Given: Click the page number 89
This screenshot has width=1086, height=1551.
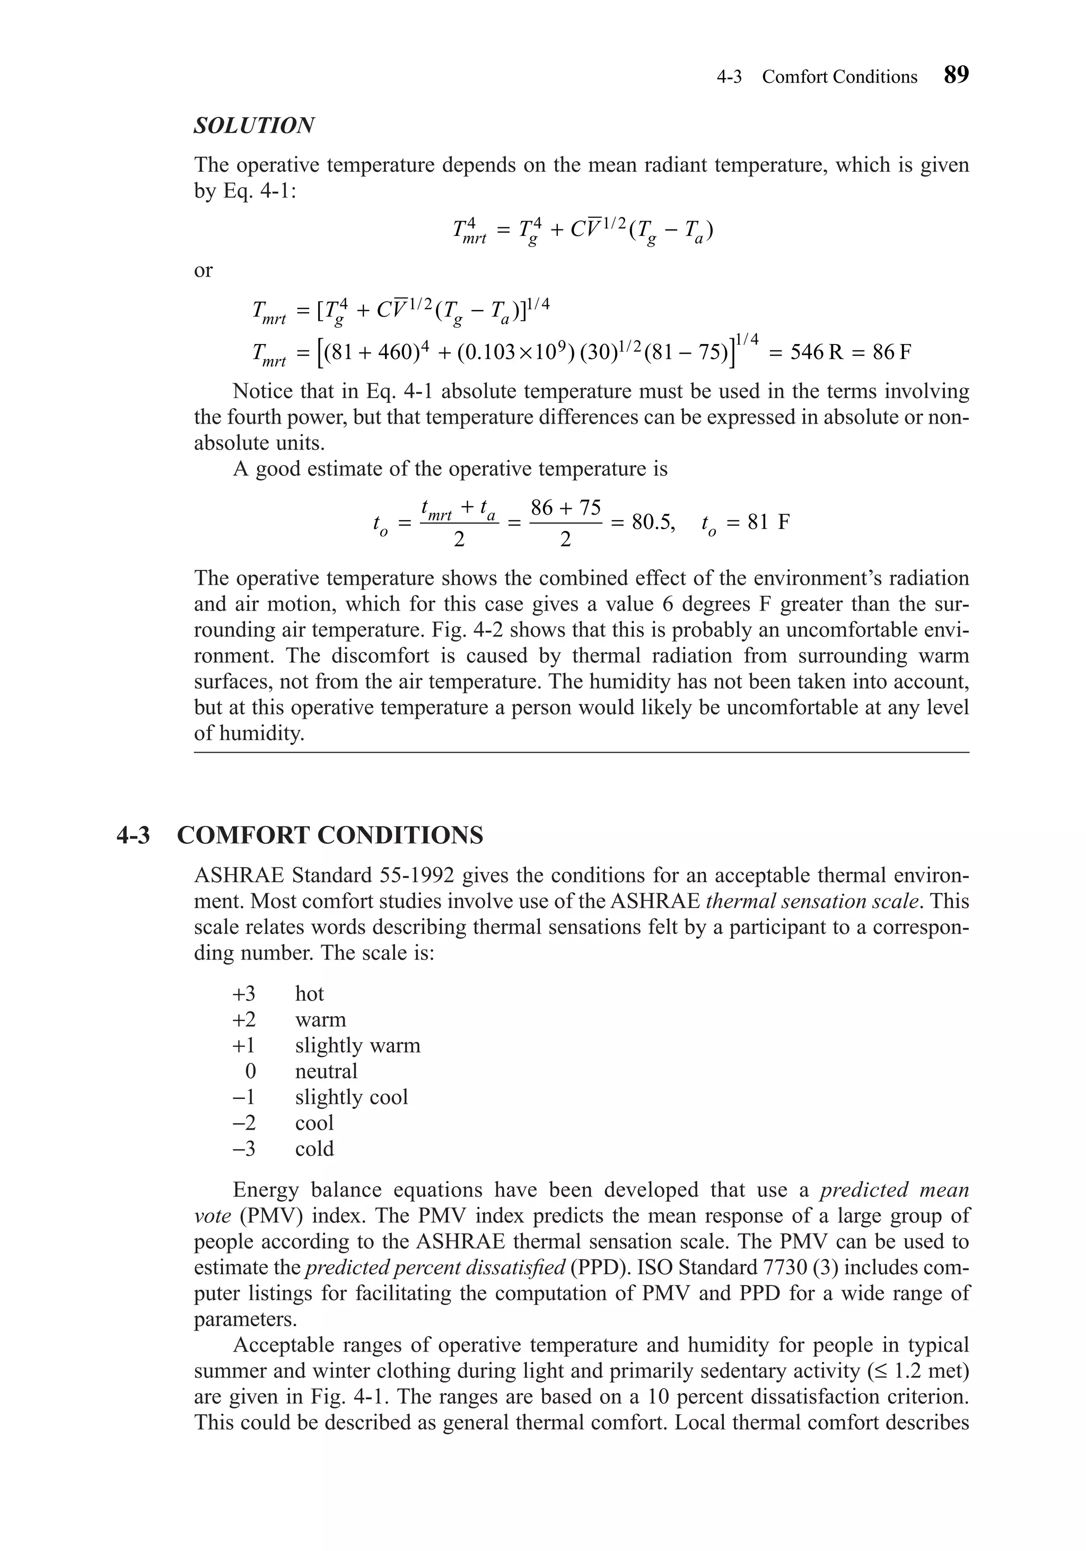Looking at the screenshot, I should point(956,75).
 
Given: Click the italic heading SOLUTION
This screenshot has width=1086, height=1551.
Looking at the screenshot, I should point(254,126).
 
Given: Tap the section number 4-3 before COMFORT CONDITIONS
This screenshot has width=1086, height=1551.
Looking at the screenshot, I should point(133,835).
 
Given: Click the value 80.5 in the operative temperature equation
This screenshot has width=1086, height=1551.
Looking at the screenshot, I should point(653,522).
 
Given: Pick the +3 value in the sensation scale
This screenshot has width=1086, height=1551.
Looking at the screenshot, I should point(244,994).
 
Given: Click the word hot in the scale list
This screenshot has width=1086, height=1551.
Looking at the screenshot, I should point(310,994).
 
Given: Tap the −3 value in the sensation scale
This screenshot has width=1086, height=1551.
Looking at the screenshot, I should point(244,1148).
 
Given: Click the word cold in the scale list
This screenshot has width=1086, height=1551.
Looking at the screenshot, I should point(314,1148).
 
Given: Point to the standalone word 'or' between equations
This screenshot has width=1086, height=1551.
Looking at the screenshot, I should point(204,270).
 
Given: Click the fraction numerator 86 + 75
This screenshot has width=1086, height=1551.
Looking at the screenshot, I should point(566,507).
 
